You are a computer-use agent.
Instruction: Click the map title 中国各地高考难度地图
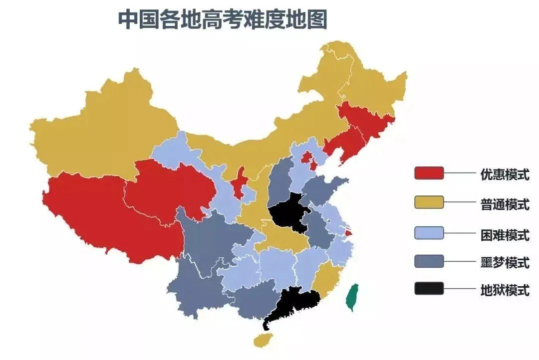pos(222,19)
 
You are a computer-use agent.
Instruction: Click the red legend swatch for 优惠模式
pos(429,173)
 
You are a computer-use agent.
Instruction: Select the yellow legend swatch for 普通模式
pos(429,202)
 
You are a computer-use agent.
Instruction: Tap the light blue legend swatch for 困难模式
pos(429,232)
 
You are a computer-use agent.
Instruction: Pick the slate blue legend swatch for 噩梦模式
pos(429,261)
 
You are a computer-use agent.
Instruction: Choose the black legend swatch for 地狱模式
pos(429,289)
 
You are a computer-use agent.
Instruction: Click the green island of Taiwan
pos(352,297)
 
